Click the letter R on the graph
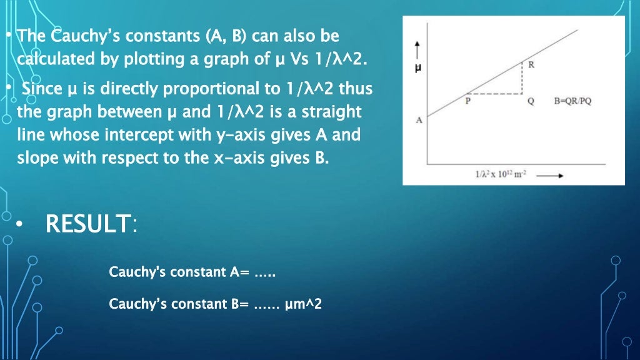531,65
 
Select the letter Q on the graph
531,102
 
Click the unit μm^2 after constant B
303,304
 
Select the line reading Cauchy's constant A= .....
192,272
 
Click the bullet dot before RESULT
21,224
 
